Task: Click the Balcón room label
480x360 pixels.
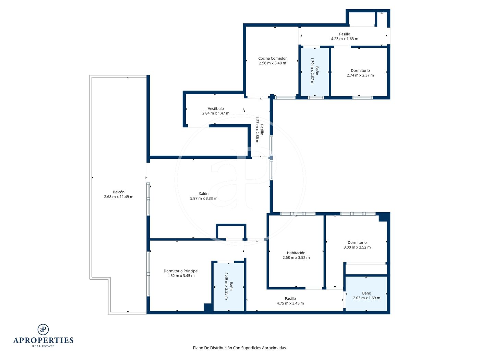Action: tap(119, 192)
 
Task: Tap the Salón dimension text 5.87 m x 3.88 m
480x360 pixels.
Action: tap(204, 198)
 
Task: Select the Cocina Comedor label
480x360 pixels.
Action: tap(272, 58)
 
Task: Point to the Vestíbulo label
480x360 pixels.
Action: tap(216, 108)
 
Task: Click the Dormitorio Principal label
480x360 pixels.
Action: tap(181, 271)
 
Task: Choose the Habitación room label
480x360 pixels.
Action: tap(296, 253)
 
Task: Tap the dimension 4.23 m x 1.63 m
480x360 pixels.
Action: tap(345, 39)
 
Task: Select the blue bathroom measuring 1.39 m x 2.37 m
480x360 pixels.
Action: tap(315, 72)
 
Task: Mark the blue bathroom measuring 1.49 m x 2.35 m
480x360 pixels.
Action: tap(229, 287)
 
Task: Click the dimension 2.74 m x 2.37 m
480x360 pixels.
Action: tap(360, 75)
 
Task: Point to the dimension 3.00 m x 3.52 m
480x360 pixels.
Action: tap(357, 247)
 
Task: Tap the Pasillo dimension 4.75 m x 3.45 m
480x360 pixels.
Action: tap(290, 303)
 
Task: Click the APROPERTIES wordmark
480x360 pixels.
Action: tap(43, 340)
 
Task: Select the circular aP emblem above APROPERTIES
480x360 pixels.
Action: tap(43, 329)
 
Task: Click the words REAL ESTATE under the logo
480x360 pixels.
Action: tap(43, 346)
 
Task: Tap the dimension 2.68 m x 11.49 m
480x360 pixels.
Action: tap(119, 196)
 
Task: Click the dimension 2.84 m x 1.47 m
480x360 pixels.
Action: tap(216, 113)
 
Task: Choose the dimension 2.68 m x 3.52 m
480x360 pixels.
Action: tap(296, 257)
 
